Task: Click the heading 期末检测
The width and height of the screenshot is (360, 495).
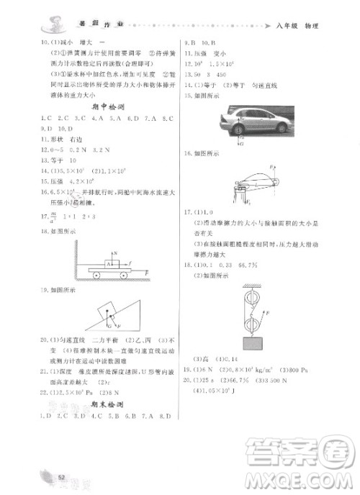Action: coord(105,405)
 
